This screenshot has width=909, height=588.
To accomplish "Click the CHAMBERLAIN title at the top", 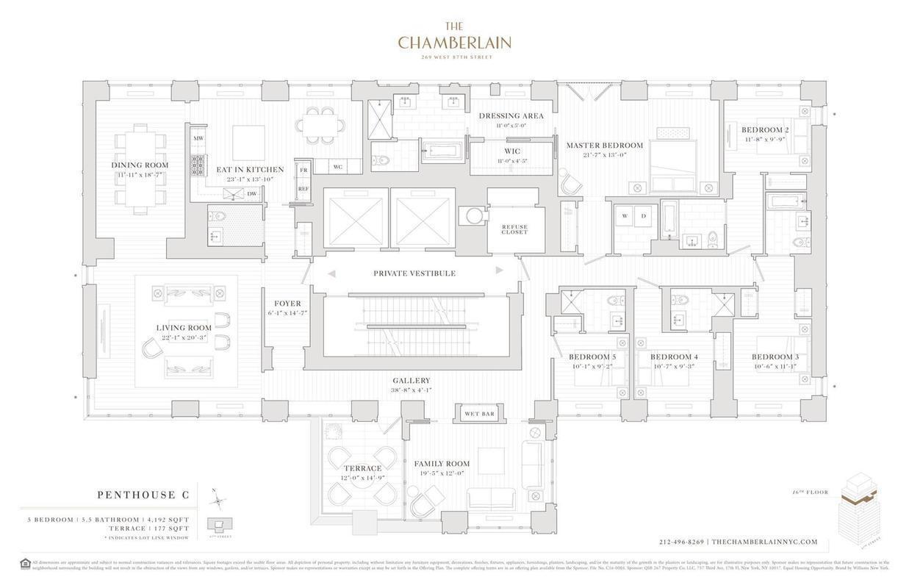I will [x=454, y=43].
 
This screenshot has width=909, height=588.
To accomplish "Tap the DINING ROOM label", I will [x=140, y=165].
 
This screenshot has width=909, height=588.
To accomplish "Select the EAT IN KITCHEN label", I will [x=250, y=170].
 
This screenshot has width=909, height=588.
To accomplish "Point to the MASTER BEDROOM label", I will [x=604, y=146].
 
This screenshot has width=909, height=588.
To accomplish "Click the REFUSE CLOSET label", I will [x=514, y=229].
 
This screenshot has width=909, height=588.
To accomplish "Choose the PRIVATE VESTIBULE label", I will [x=414, y=273].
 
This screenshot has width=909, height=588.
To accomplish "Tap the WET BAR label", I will [x=479, y=414].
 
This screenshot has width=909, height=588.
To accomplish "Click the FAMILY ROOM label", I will [x=442, y=464].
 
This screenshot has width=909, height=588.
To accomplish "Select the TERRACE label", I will [x=363, y=468].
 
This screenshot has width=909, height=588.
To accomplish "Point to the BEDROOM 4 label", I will [x=674, y=357].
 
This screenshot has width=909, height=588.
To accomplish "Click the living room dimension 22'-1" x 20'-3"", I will [x=184, y=337].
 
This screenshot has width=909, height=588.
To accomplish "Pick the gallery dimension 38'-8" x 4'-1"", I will [x=412, y=390].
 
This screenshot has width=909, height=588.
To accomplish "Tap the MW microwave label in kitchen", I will [x=198, y=138].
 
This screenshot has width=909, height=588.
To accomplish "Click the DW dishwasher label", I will [x=252, y=194].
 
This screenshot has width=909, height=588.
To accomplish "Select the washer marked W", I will [x=625, y=216].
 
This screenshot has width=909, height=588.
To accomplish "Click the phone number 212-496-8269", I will [x=682, y=542].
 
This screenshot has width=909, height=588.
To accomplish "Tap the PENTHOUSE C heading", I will [x=143, y=495].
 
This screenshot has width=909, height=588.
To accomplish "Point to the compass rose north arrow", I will [x=217, y=501].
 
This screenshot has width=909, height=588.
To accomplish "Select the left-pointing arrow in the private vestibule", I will [x=331, y=273].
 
